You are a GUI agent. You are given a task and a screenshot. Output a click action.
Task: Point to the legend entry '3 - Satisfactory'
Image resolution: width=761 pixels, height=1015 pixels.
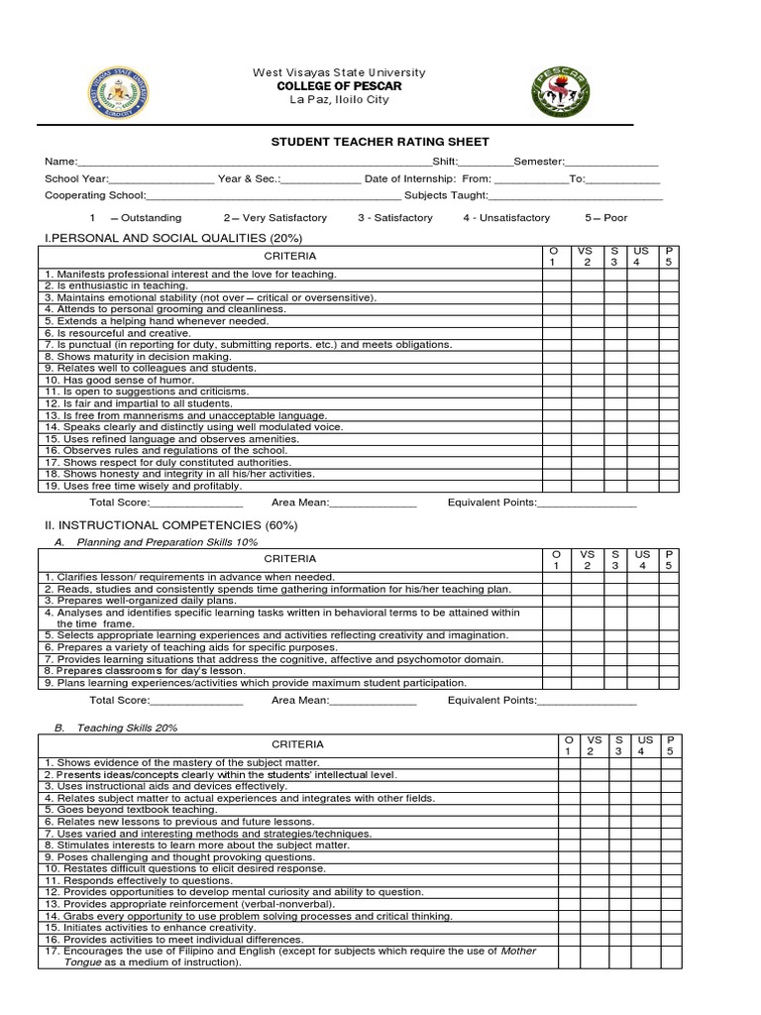pos(394,217)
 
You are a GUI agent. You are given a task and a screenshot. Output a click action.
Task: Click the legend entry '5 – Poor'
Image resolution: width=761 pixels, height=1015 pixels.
pos(605,217)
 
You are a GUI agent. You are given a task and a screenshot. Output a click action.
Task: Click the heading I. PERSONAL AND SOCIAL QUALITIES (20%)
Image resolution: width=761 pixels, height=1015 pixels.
pos(173,238)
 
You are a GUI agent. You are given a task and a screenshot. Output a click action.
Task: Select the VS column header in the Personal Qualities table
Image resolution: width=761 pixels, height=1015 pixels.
pos(587,256)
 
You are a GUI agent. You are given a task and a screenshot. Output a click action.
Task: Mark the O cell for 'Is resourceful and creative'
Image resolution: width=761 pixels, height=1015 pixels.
pos(555,333)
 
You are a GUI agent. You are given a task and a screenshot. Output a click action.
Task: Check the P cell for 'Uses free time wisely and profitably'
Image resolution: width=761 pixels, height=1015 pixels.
pos(669,486)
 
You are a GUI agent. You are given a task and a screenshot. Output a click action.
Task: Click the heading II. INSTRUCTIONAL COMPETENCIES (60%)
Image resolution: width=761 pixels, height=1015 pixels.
pos(169,524)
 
